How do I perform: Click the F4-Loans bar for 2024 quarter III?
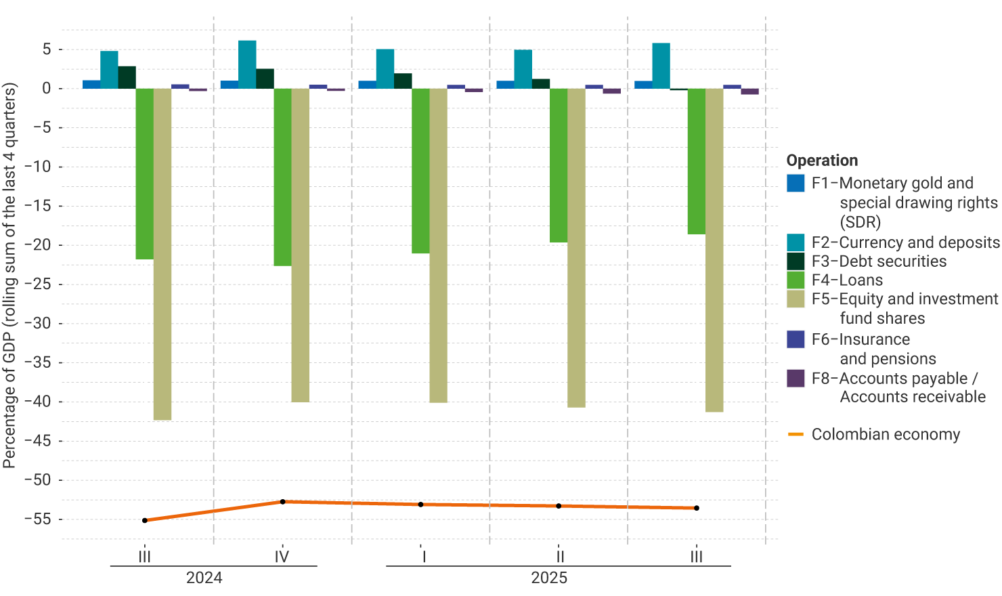[x=144, y=173]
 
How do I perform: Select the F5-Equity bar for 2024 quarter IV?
[x=300, y=244]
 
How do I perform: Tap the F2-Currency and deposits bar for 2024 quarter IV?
[x=247, y=64]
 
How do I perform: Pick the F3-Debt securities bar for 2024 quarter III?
[x=127, y=77]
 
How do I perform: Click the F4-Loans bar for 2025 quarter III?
[x=696, y=161]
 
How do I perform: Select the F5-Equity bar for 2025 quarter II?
[x=576, y=247]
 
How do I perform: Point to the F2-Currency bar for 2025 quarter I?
[x=385, y=68]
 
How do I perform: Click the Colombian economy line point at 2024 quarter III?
[x=145, y=520]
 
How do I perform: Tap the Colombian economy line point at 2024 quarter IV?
[x=282, y=502]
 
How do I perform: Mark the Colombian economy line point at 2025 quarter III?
[x=697, y=508]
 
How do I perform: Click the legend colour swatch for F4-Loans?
[x=796, y=280]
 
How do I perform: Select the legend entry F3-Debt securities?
[x=879, y=261]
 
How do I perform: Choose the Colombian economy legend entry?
[x=886, y=434]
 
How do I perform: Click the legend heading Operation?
[x=822, y=161]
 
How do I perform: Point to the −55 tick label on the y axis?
[x=37, y=519]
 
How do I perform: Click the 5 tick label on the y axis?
[x=47, y=49]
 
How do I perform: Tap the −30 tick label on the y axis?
[x=37, y=323]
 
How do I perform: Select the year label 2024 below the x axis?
[x=204, y=578]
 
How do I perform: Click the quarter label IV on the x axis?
[x=282, y=557]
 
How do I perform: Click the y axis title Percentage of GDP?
[x=9, y=275]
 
